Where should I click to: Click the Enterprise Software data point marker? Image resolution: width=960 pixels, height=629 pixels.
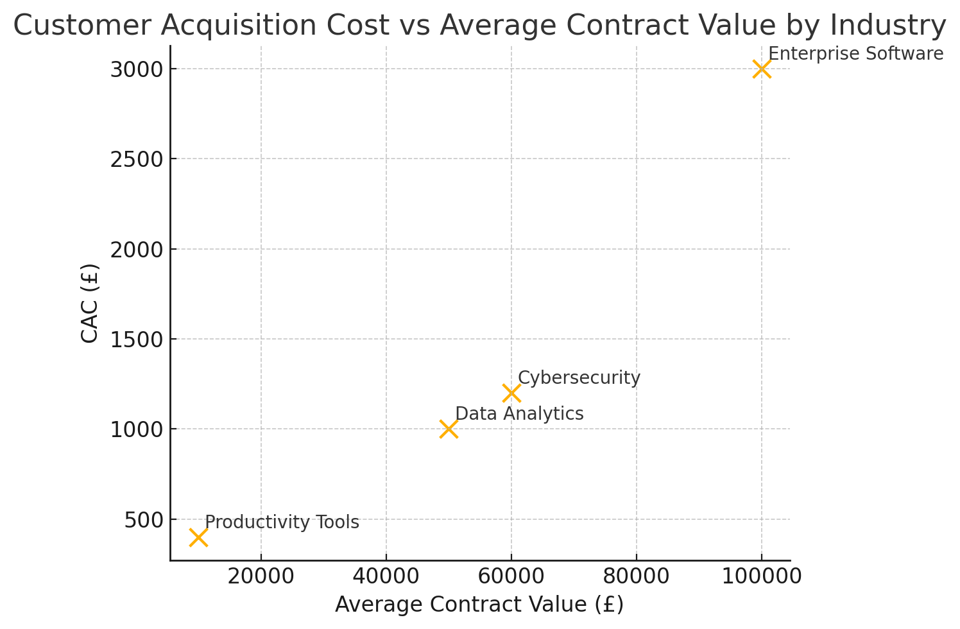click(761, 69)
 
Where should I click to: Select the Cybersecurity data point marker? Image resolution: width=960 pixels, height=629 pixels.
click(511, 393)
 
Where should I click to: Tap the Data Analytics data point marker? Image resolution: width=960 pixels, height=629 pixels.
click(449, 429)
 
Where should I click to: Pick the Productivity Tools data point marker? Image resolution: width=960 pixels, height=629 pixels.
click(198, 537)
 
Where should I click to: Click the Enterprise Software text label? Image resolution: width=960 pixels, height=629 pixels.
click(855, 54)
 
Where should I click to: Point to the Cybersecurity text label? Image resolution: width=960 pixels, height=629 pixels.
click(579, 378)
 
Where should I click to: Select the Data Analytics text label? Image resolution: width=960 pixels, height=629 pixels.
click(519, 414)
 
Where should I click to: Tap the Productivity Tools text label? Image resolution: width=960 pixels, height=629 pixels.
click(282, 522)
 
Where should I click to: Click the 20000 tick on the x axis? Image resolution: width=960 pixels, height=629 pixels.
click(261, 576)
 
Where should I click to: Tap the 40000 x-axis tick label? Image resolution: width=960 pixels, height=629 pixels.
click(386, 576)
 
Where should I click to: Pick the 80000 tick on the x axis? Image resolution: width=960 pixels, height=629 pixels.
click(636, 576)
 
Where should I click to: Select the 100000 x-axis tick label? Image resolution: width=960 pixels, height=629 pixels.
click(761, 576)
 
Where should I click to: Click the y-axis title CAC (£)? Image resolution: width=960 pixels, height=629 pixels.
click(90, 303)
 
